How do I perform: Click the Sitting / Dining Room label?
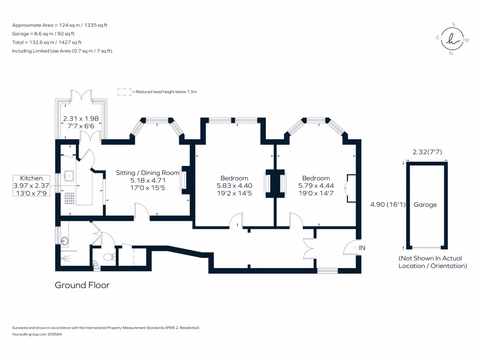tap(148, 172)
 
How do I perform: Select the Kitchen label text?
tap(31, 178)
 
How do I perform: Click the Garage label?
tap(425, 204)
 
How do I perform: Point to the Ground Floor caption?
tap(82, 285)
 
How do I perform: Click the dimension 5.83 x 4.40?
tap(234, 186)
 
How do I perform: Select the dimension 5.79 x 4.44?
tap(315, 186)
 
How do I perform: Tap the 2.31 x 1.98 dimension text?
tap(81, 119)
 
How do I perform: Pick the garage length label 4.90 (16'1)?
tap(387, 204)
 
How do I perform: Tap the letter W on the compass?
tap(467, 40)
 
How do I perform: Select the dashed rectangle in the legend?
tap(124, 92)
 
